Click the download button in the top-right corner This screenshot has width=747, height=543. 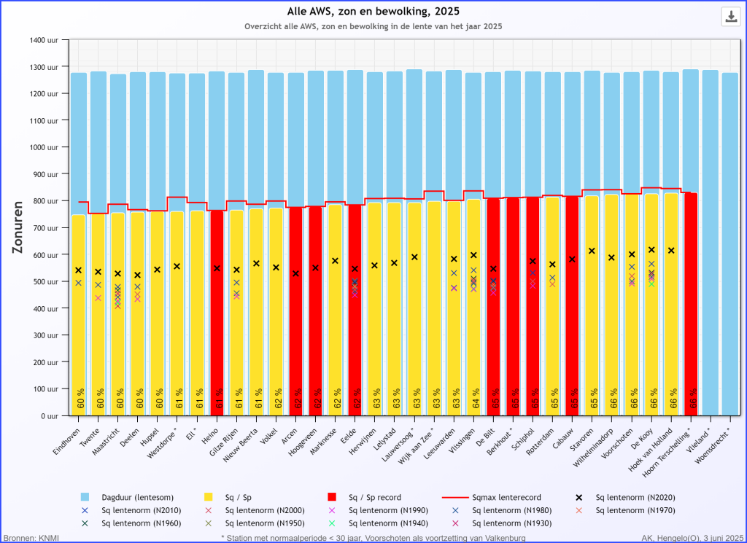click(731, 17)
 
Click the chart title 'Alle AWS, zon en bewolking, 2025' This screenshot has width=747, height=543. click(373, 11)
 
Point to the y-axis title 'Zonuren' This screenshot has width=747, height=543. click(18, 227)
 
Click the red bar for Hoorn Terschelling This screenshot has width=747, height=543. click(690, 306)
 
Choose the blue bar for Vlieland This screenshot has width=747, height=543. click(710, 241)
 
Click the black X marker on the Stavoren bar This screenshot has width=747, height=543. click(592, 251)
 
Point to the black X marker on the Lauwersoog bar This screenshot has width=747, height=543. click(414, 257)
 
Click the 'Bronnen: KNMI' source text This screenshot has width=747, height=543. click(31, 538)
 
